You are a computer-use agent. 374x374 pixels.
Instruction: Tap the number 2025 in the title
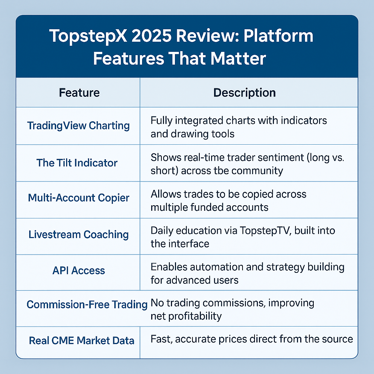(152, 36)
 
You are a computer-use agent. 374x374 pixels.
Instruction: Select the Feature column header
(79, 92)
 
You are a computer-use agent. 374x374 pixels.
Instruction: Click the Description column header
(244, 93)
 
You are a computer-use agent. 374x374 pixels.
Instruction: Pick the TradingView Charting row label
(79, 126)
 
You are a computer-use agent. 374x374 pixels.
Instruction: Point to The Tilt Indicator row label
(77, 163)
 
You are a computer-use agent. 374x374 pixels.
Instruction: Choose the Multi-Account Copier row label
(79, 198)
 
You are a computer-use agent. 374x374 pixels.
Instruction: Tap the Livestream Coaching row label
(79, 234)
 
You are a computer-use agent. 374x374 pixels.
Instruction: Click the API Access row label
(79, 271)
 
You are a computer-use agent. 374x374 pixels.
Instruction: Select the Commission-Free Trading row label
(87, 304)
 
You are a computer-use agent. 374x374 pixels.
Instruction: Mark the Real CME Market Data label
(81, 340)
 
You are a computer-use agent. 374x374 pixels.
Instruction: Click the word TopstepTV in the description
(265, 231)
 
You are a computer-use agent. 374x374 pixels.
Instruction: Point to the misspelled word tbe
(220, 171)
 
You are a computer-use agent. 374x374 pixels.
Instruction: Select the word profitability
(195, 316)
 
